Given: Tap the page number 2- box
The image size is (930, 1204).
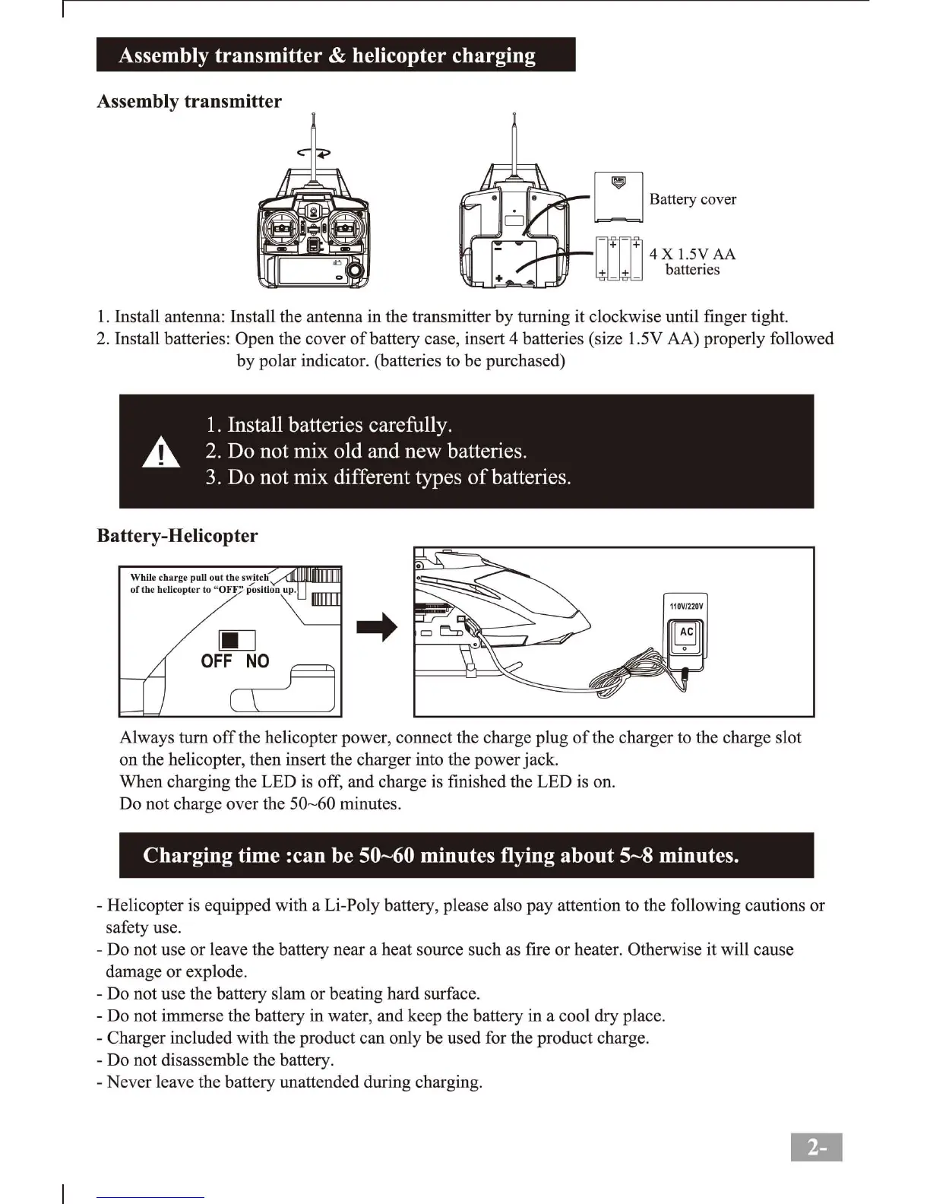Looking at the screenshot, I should [x=816, y=1147].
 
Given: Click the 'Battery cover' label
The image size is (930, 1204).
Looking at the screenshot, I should [x=692, y=199].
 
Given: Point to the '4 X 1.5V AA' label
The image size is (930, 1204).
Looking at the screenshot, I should [x=692, y=254].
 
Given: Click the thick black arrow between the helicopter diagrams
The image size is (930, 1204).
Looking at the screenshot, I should [x=378, y=627].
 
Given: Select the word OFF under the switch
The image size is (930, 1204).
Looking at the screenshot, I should [x=217, y=661].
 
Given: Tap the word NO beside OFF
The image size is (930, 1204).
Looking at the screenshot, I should [x=258, y=661].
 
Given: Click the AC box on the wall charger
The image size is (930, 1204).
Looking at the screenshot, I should [x=687, y=632].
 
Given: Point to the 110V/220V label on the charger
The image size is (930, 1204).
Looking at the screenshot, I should [x=686, y=607].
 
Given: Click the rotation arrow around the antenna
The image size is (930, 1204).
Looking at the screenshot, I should [x=314, y=152].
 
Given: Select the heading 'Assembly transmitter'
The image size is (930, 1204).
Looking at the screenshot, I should [x=189, y=102].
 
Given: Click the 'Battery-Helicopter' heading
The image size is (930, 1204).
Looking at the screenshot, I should [x=177, y=536].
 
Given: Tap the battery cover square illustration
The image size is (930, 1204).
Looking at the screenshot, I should [x=618, y=197].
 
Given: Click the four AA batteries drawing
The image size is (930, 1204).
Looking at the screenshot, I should [x=618, y=258].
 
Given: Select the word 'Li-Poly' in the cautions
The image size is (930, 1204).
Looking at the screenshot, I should [x=352, y=905].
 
